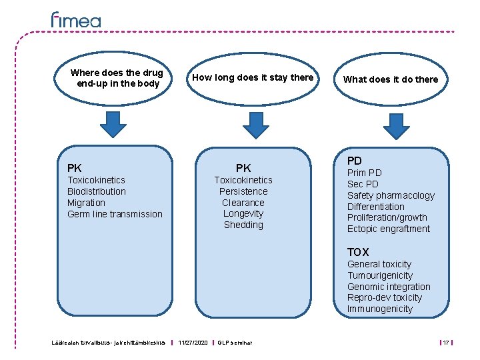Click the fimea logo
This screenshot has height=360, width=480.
pyautogui.click(x=76, y=20)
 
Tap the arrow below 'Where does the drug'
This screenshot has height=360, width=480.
pyautogui.click(x=113, y=124)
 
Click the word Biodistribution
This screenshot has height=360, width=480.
pyautogui.click(x=97, y=191)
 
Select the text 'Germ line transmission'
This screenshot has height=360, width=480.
pyautogui.click(x=115, y=214)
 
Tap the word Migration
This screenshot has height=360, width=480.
pyautogui.click(x=86, y=203)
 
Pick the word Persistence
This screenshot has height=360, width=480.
pyautogui.click(x=243, y=191)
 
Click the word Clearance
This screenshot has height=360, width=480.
pyautogui.click(x=243, y=203)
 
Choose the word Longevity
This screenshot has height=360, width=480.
pyautogui.click(x=243, y=213)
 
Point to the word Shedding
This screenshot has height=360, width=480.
pyautogui.click(x=243, y=225)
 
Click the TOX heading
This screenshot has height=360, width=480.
pyautogui.click(x=358, y=252)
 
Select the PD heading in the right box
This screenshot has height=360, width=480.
pyautogui.click(x=355, y=161)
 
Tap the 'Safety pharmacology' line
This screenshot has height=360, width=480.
pyautogui.click(x=391, y=195)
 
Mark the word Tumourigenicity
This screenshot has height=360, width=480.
pyautogui.click(x=380, y=275)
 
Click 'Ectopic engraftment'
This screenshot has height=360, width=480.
pyautogui.click(x=389, y=229)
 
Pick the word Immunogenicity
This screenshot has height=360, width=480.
pyautogui.click(x=380, y=309)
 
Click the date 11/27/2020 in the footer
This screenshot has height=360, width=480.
pyautogui.click(x=193, y=343)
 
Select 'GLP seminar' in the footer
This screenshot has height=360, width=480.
pyautogui.click(x=235, y=343)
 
